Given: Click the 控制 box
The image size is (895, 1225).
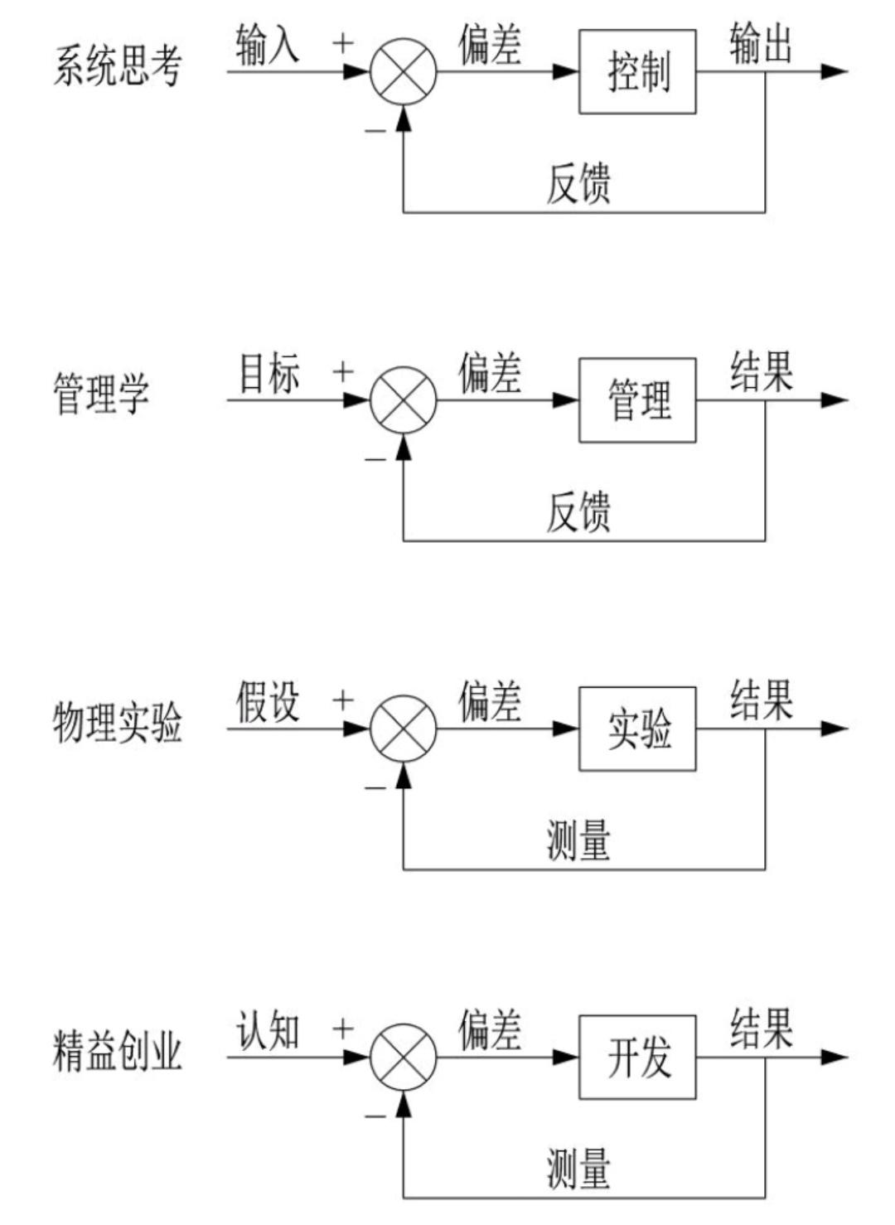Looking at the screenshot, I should (x=637, y=72).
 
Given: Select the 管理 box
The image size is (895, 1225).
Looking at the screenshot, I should (x=637, y=400).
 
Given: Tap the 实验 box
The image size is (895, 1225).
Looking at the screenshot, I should (x=637, y=729).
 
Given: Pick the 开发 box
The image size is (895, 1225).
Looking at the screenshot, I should (x=637, y=1057).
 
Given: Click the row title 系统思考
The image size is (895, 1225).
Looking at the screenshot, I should (x=117, y=66).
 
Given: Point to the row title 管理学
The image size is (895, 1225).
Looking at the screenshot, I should (x=101, y=394).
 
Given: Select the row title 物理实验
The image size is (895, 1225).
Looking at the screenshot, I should (x=117, y=723).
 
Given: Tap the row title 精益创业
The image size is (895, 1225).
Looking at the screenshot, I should (x=117, y=1051).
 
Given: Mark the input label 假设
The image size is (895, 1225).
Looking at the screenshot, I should (x=267, y=702).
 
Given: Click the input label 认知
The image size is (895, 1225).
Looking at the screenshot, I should (x=267, y=1031).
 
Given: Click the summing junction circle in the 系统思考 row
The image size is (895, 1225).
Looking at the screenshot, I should (x=403, y=71).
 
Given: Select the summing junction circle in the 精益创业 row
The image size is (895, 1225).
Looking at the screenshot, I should (x=403, y=1057).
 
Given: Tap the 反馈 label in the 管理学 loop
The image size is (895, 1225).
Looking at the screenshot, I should (x=578, y=511).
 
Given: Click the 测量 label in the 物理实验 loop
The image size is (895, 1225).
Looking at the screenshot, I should (x=578, y=840).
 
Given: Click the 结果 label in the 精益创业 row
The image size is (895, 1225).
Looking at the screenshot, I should (x=761, y=1029).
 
